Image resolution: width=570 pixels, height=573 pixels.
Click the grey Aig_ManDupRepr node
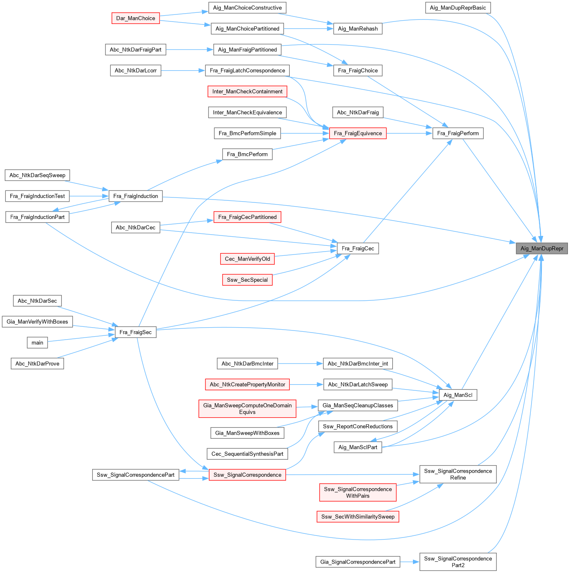click(542, 248)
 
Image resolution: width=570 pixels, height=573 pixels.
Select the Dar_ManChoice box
click(136, 18)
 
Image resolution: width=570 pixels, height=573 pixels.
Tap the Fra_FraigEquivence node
click(358, 133)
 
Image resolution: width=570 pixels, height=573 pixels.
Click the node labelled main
click(37, 342)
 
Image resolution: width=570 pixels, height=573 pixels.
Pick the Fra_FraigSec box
click(135, 332)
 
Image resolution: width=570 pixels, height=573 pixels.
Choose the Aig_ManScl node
click(458, 395)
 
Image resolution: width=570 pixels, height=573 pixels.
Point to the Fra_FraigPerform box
click(458, 133)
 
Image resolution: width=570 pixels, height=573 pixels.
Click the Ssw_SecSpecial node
click(247, 280)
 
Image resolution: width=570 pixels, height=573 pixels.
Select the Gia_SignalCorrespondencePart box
click(358, 562)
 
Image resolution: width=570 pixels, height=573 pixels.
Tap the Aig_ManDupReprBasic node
click(458, 7)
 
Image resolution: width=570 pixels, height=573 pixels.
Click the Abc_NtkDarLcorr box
click(136, 70)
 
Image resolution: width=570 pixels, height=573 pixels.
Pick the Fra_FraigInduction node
click(136, 196)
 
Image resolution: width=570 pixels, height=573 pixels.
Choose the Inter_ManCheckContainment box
click(247, 91)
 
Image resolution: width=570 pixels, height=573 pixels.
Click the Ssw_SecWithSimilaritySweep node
click(358, 516)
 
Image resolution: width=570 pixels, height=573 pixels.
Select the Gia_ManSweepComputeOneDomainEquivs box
click(247, 409)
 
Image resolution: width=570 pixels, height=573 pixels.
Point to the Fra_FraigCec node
click(358, 248)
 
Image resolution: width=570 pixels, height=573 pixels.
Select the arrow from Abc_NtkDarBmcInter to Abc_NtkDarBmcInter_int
click(300, 364)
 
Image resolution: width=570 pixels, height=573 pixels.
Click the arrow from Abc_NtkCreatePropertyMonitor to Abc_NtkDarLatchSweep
click(306, 385)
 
